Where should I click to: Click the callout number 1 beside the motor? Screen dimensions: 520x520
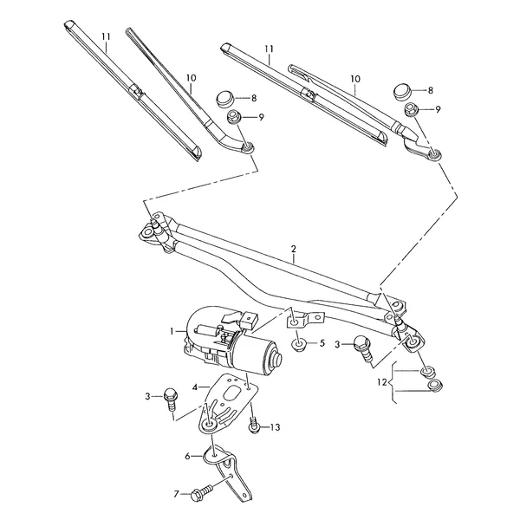tap(172, 331)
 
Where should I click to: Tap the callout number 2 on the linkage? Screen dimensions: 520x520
tap(294, 249)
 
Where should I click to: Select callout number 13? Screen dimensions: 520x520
tap(275, 427)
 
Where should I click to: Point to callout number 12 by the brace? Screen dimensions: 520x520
tap(381, 382)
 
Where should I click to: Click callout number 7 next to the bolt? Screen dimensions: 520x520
tap(177, 495)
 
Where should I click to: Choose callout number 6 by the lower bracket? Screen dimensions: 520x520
tap(188, 457)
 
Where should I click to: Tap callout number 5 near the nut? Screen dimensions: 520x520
tap(322, 343)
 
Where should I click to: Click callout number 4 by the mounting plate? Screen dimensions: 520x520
tap(195, 387)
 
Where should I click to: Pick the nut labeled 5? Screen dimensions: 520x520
tap(299, 346)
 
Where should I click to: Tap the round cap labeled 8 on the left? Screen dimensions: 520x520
tap(225, 98)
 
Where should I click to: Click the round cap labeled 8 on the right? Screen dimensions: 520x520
tap(402, 91)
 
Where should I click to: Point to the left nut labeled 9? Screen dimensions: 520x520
tap(233, 117)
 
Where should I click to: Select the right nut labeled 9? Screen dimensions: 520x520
tap(411, 109)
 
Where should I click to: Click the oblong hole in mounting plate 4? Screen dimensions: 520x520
tap(232, 393)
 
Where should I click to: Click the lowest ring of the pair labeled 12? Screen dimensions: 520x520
tap(435, 386)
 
